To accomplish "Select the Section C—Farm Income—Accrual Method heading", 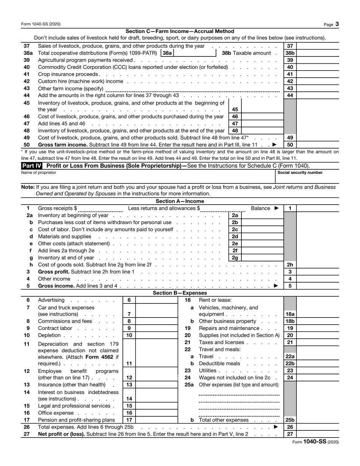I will (180, 31).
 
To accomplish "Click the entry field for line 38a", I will (194, 53).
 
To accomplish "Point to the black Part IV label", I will (32, 166).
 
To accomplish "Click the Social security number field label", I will (300, 173).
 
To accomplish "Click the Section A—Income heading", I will (180, 201).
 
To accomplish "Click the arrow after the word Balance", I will (276, 208).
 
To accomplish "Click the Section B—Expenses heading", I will (180, 293).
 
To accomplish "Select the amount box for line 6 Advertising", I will (156, 300).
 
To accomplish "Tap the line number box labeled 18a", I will (290, 314).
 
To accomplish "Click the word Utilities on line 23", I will (207, 371).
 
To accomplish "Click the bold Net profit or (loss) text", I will (62, 434).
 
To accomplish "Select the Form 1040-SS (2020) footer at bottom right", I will (316, 442).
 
